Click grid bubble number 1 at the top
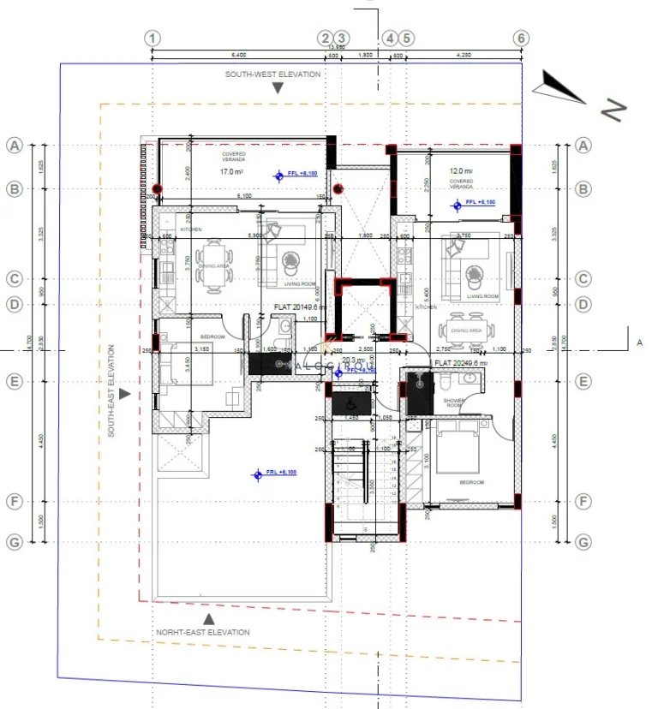[x=153, y=39]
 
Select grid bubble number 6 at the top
[x=521, y=39]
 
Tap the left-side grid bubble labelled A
[x=14, y=146]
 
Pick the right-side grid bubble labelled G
[x=584, y=542]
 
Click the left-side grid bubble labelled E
[x=14, y=382]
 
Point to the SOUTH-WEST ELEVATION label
[x=272, y=74]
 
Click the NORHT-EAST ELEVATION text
[x=203, y=632]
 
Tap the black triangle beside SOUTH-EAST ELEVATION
[x=125, y=394]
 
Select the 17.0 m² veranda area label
[x=232, y=172]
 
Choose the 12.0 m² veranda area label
[x=461, y=171]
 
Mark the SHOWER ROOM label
[x=453, y=402]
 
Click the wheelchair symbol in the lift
[x=349, y=401]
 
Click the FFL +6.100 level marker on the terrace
[x=275, y=473]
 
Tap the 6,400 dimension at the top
[x=238, y=54]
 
